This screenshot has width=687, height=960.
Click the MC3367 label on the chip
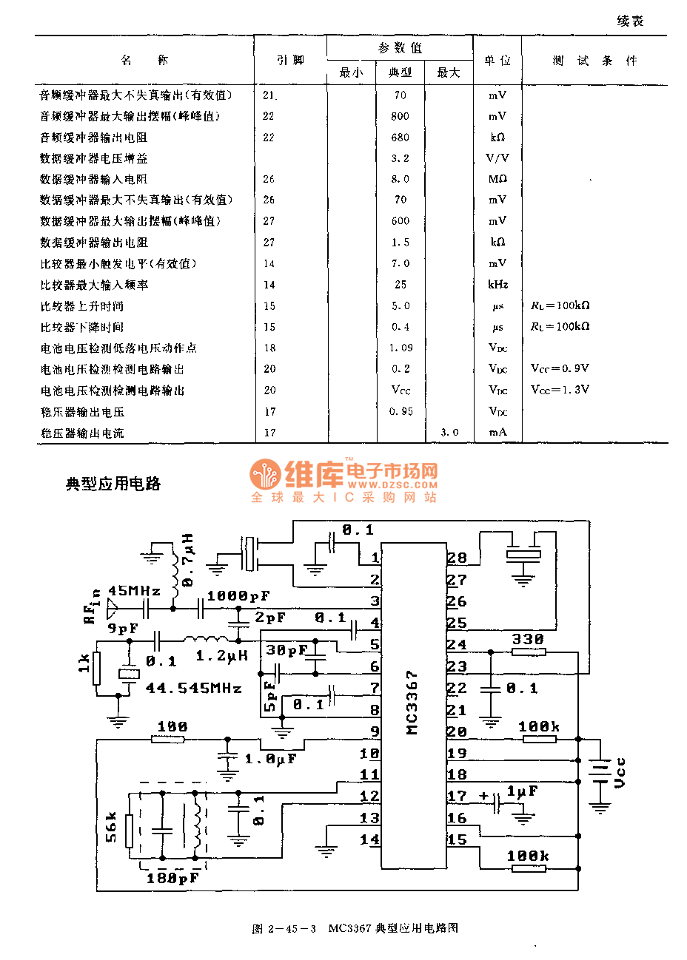(412, 703)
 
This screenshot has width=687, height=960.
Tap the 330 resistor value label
(528, 639)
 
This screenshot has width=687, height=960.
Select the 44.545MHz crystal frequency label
(194, 688)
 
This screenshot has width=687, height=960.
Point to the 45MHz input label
(134, 590)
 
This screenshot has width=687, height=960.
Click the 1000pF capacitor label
(238, 595)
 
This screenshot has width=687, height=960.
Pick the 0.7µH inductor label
(188, 560)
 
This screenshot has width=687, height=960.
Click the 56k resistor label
(112, 827)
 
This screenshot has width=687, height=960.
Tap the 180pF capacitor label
(172, 878)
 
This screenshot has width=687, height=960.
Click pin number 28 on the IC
(457, 558)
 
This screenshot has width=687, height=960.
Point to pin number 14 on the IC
(369, 839)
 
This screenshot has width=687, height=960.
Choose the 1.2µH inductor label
(221, 655)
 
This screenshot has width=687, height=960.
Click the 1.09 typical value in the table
(401, 348)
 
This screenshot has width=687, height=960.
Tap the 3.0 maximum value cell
(449, 432)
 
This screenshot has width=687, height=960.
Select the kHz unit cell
(497, 285)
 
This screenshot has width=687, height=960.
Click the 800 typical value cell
(401, 116)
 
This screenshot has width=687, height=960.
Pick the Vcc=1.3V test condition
(560, 389)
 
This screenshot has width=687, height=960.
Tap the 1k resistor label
(84, 663)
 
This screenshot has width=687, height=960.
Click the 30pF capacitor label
(286, 650)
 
